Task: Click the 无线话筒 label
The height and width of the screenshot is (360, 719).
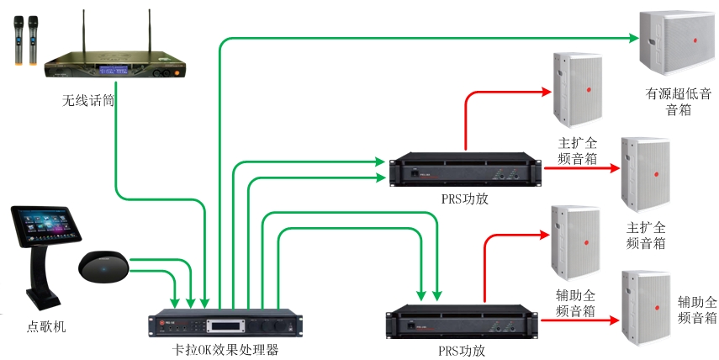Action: pos(88,100)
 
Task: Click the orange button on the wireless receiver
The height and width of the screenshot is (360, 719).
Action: pos(177,71)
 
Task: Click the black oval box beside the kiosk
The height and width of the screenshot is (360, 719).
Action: pos(103,267)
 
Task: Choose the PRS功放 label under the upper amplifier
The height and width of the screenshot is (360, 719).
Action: pos(463,199)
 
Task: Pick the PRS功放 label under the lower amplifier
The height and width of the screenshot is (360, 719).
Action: pos(462,349)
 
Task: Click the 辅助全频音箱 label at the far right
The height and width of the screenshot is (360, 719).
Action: pos(697,309)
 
